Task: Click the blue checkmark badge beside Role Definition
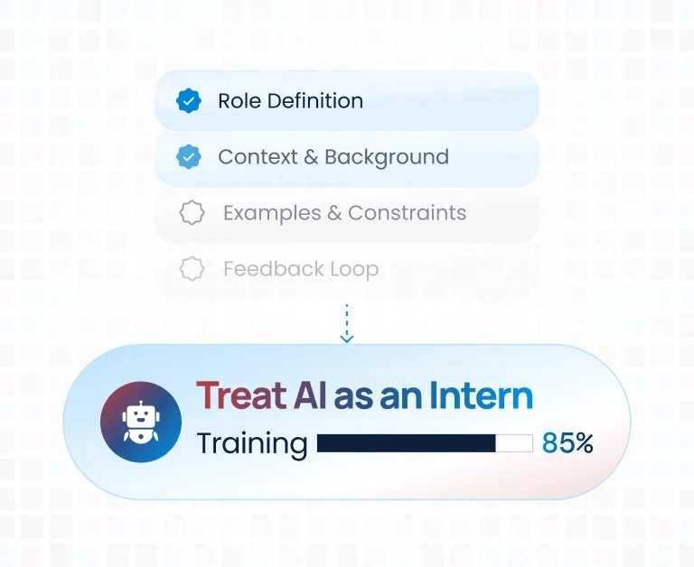189,101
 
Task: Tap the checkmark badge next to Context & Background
189,156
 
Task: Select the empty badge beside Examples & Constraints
192,213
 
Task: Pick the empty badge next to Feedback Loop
192,268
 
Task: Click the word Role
239,101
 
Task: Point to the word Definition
315,101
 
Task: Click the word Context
258,157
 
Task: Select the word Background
387,157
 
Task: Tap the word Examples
272,213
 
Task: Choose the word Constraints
408,213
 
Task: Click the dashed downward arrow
347,323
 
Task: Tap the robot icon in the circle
141,422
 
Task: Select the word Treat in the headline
241,395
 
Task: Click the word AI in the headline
310,395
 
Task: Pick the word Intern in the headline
481,395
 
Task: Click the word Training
252,444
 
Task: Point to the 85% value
567,442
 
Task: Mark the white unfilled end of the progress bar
514,443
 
